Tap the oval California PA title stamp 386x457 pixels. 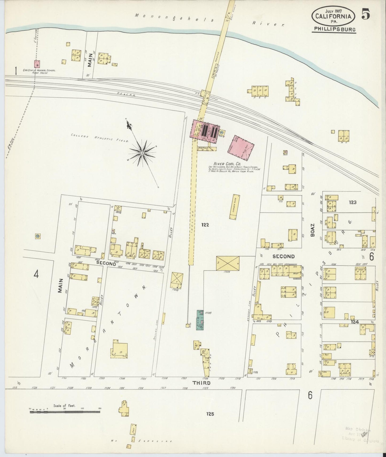click(333, 16)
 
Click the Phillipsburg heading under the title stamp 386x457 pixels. click(334, 29)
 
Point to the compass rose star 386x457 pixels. click(142, 153)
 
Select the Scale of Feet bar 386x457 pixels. click(65, 412)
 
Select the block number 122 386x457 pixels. click(205, 225)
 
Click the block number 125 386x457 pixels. click(210, 414)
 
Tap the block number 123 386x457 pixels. click(352, 202)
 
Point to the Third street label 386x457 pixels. click(201, 383)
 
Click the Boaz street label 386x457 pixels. click(312, 230)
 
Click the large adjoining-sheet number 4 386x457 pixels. click(36, 274)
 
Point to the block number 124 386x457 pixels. click(355, 322)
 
